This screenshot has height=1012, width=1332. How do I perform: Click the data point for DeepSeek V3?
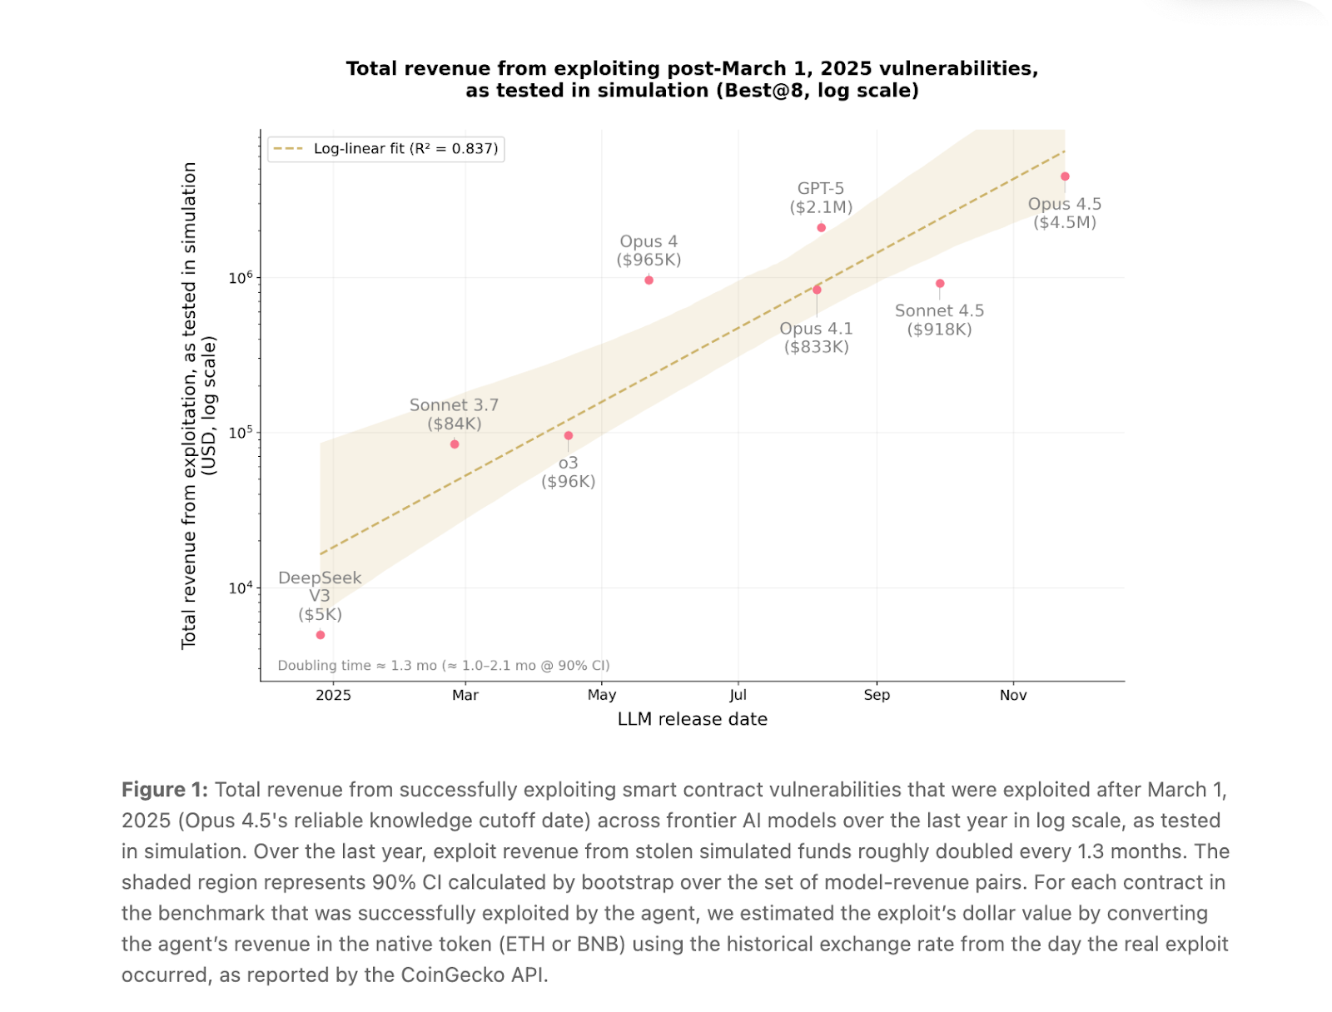tap(321, 635)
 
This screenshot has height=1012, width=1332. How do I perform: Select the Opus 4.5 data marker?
tap(1065, 176)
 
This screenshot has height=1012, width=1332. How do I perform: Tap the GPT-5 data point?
tap(822, 228)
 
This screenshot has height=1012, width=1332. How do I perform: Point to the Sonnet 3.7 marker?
tap(455, 444)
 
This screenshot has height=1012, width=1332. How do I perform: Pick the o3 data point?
tap(569, 436)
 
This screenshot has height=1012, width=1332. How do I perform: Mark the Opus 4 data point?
tap(649, 280)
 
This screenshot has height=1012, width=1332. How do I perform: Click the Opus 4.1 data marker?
tap(817, 290)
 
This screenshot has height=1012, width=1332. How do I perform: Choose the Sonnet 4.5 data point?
tap(940, 284)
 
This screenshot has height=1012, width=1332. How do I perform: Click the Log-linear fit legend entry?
tap(386, 149)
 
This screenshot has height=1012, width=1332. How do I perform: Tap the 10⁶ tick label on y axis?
tap(241, 277)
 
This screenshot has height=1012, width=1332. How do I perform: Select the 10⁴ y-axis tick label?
tap(241, 588)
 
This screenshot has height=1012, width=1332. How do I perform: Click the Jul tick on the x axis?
tap(738, 695)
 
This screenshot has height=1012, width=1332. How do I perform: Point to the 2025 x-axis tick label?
tap(333, 695)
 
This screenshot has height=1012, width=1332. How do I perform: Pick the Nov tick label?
tap(1013, 695)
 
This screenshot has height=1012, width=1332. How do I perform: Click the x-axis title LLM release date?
tap(693, 719)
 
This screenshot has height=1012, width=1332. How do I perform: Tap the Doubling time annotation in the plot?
tap(444, 666)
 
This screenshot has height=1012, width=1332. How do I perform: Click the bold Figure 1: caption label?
tap(165, 790)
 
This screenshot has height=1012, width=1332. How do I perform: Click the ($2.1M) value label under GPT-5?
tap(821, 207)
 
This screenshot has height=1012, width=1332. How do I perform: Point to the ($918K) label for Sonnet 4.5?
tap(940, 330)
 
